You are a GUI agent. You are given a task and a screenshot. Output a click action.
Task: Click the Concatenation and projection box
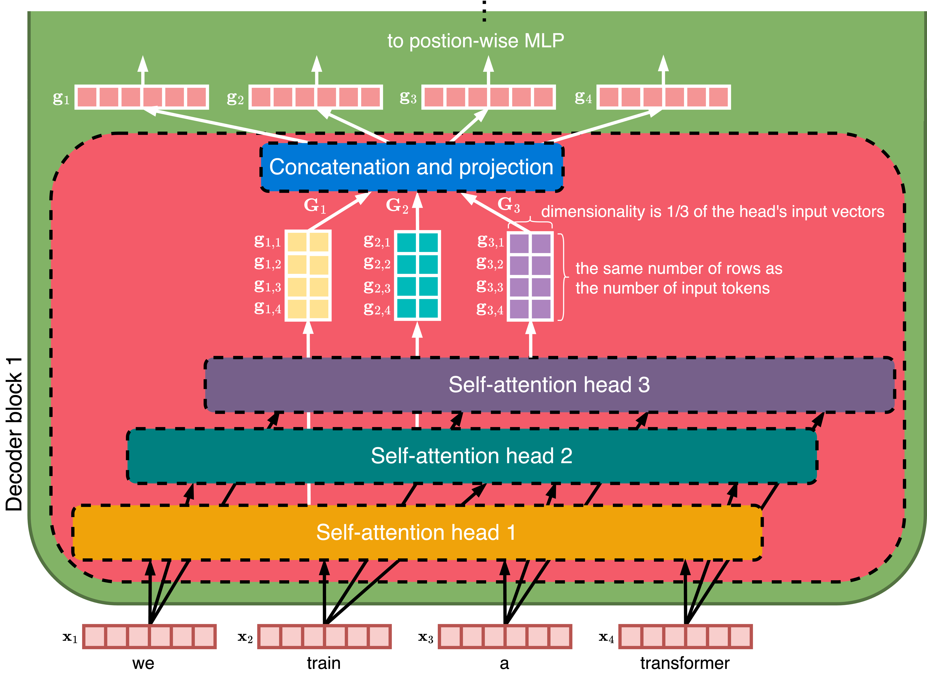tap(412, 167)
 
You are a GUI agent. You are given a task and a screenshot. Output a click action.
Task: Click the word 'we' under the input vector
tap(143, 663)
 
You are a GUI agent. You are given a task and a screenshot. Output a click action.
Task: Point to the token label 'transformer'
tap(685, 663)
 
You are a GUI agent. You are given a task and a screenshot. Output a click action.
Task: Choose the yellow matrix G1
tap(308, 276)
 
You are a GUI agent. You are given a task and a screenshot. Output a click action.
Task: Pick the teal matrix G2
tap(417, 276)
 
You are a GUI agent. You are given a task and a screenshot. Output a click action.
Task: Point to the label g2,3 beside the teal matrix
tap(377, 287)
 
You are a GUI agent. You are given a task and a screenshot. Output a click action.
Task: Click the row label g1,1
tap(267, 241)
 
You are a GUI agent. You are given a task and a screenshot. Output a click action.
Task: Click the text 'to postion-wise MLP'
tap(475, 41)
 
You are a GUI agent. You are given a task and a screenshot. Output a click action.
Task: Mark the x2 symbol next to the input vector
tap(245, 638)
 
